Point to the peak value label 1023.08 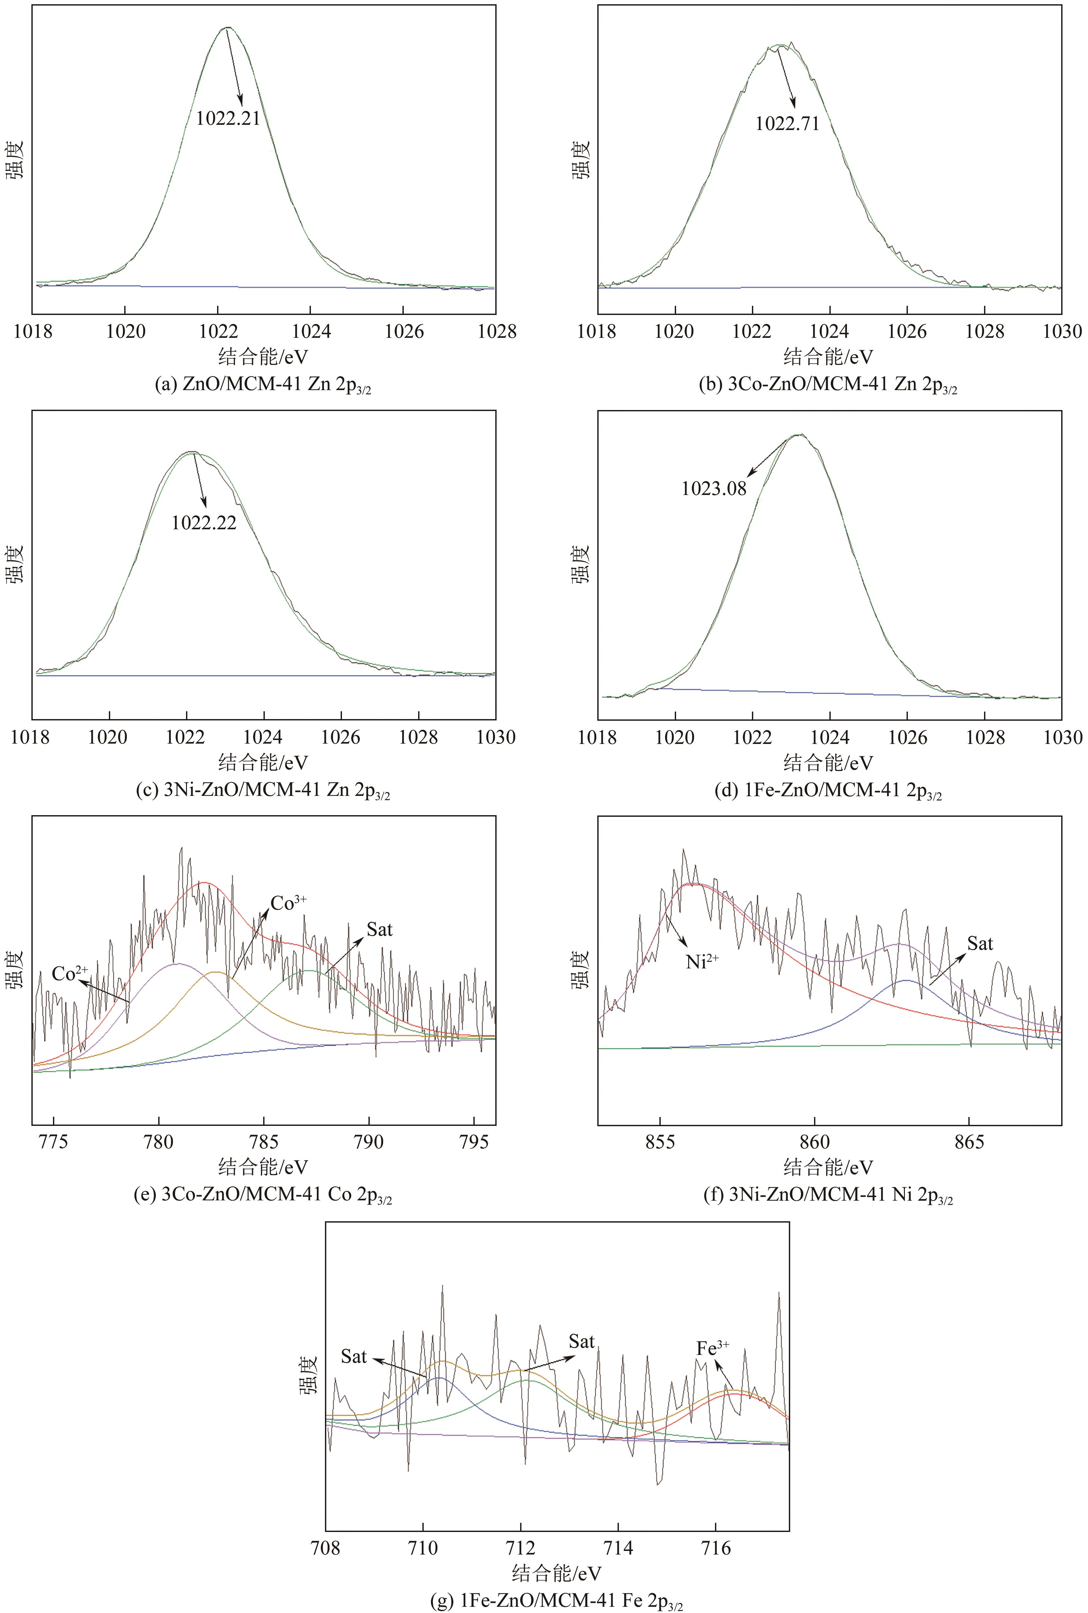pyautogui.click(x=714, y=489)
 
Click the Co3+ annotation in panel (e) pyautogui.click(x=288, y=903)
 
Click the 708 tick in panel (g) pyautogui.click(x=326, y=1548)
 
